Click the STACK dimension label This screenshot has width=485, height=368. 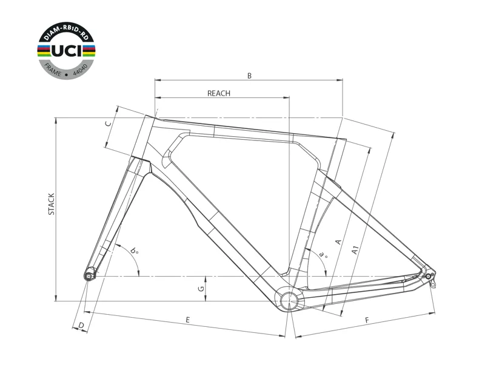[52, 204]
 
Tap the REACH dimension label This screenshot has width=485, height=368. [219, 93]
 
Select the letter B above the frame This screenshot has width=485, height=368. [249, 76]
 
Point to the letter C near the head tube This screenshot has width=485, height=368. [108, 124]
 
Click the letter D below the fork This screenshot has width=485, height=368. [81, 326]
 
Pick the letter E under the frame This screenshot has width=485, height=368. [187, 320]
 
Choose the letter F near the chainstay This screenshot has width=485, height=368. [367, 320]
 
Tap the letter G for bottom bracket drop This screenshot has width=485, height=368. [201, 289]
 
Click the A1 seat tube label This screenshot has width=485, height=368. [355, 250]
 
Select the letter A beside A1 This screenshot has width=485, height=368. [338, 241]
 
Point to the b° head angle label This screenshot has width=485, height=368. [134, 251]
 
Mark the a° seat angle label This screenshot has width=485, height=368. [323, 254]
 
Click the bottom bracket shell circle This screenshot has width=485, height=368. [289, 299]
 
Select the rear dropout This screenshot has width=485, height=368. [429, 275]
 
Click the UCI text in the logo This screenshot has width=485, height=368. [67, 51]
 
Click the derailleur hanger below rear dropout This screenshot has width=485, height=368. [433, 283]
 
